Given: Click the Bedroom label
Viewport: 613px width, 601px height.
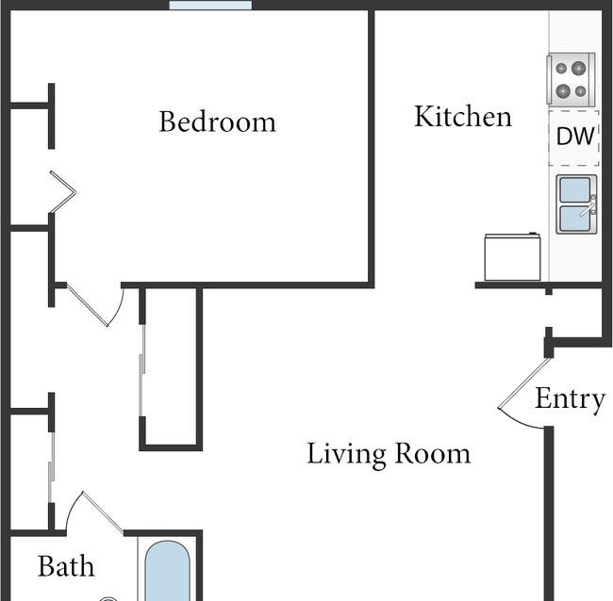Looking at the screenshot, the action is (217, 122).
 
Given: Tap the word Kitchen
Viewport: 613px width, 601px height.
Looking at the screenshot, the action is (463, 117).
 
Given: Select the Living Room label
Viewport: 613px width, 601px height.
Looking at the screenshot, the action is (389, 454).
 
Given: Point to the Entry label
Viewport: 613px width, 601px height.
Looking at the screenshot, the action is (570, 399).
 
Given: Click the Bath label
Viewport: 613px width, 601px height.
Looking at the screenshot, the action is (66, 566).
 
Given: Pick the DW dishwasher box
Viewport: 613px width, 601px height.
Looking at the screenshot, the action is (573, 138).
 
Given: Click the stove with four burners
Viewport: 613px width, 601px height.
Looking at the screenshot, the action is (571, 80).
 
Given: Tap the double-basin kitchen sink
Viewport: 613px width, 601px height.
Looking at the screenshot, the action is (576, 204).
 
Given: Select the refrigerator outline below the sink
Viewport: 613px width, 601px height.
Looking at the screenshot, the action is (512, 257).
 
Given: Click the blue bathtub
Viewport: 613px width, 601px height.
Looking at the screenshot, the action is (167, 571).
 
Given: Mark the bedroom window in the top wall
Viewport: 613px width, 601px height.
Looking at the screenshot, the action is (210, 5).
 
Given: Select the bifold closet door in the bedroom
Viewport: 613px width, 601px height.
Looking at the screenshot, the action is (62, 192).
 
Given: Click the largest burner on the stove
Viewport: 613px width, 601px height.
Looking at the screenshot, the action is (579, 69).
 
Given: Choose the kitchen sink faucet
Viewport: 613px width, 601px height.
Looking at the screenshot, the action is (588, 207).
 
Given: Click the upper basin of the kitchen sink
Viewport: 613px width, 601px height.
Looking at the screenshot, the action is (575, 189).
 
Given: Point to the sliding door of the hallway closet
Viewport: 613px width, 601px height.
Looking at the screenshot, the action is (142, 370).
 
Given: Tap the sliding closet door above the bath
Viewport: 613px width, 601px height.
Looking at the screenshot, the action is (51, 467).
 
